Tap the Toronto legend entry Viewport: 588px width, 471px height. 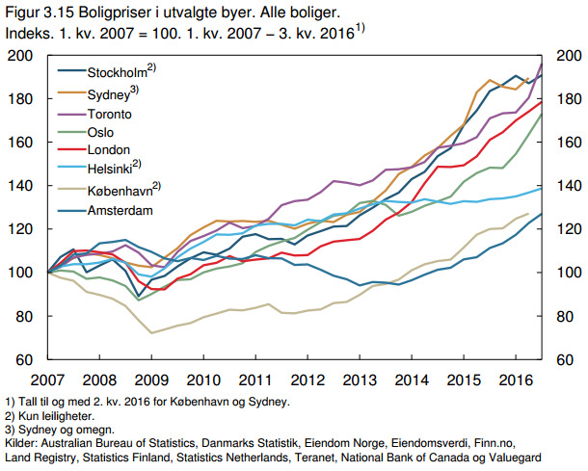111,114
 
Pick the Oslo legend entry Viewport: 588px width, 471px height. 102,133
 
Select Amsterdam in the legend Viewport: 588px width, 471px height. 121,209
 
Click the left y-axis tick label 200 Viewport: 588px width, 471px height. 21,56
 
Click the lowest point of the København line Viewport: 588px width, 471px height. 151,333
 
